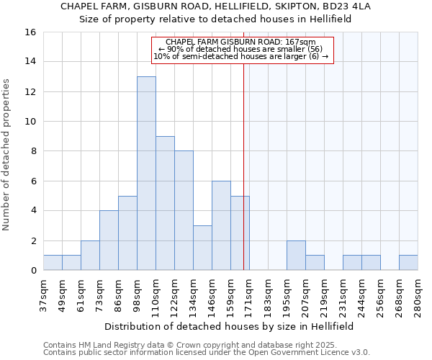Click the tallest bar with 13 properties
click(x=146, y=173)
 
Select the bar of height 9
click(x=165, y=203)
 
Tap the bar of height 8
click(x=184, y=210)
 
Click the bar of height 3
click(x=202, y=248)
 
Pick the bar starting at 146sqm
click(x=221, y=225)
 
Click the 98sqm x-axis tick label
click(x=138, y=295)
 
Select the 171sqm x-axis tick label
click(x=250, y=295)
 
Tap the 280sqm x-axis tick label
click(x=418, y=295)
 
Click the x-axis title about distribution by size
click(x=230, y=326)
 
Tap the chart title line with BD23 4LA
click(x=215, y=6)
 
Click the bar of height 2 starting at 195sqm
click(x=296, y=255)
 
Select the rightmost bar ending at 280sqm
click(x=408, y=263)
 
